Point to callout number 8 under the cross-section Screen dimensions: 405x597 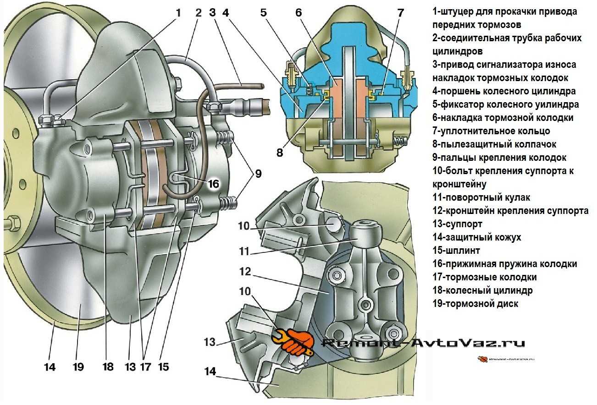pyautogui.click(x=280, y=153)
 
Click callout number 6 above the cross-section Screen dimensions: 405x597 pyautogui.click(x=298, y=12)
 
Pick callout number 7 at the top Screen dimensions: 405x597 pyautogui.click(x=400, y=12)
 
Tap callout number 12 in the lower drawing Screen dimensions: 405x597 pyautogui.click(x=245, y=272)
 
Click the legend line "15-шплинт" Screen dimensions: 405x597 pyautogui.click(x=456, y=251)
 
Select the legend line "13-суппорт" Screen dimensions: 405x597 pyautogui.click(x=457, y=224)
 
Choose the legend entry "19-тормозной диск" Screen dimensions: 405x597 pyautogui.click(x=475, y=303)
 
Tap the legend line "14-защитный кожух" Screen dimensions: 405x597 pyautogui.click(x=476, y=237)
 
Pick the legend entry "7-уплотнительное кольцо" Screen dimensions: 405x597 pyautogui.click(x=491, y=131)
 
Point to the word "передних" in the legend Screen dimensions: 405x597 pyautogui.click(x=452, y=24)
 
